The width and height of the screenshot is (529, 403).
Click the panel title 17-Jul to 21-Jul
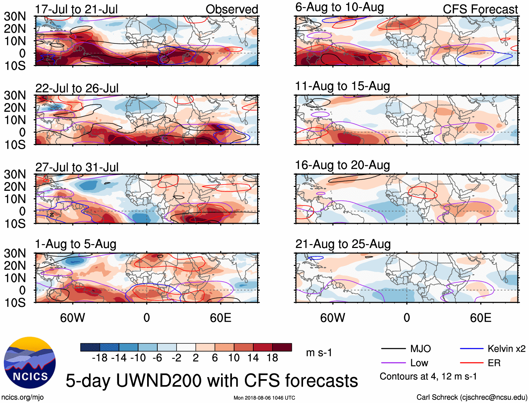pyautogui.click(x=76, y=9)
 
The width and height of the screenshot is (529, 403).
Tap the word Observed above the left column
pyautogui.click(x=232, y=9)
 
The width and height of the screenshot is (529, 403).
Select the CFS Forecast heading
pyautogui.click(x=480, y=9)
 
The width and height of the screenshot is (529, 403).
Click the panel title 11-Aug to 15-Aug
pyautogui.click(x=342, y=86)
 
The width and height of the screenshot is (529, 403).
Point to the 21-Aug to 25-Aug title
pyautogui.click(x=343, y=244)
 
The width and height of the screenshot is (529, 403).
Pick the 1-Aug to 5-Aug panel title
pyautogui.click(x=75, y=244)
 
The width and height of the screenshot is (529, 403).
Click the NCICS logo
pyautogui.click(x=30, y=363)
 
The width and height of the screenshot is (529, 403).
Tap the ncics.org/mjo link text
pyautogui.click(x=22, y=397)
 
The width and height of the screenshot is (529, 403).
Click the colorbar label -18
pyautogui.click(x=99, y=358)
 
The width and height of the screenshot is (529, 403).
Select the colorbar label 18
pyautogui.click(x=272, y=358)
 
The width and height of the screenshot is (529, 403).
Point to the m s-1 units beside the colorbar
pyautogui.click(x=319, y=352)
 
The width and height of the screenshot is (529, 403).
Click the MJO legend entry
pyautogui.click(x=420, y=349)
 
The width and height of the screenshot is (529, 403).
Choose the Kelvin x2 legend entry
pyautogui.click(x=506, y=349)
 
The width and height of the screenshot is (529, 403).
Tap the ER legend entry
pyautogui.click(x=494, y=363)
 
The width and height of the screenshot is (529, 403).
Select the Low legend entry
pyautogui.click(x=419, y=363)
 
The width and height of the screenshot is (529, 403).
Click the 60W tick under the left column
pyautogui.click(x=73, y=318)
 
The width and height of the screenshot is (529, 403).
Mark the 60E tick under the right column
pyautogui.click(x=480, y=318)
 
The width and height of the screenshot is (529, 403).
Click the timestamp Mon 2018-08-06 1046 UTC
pyautogui.click(x=264, y=398)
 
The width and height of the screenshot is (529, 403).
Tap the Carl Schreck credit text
pyautogui.click(x=472, y=397)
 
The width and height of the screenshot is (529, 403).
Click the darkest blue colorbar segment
pyautogui.click(x=90, y=347)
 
